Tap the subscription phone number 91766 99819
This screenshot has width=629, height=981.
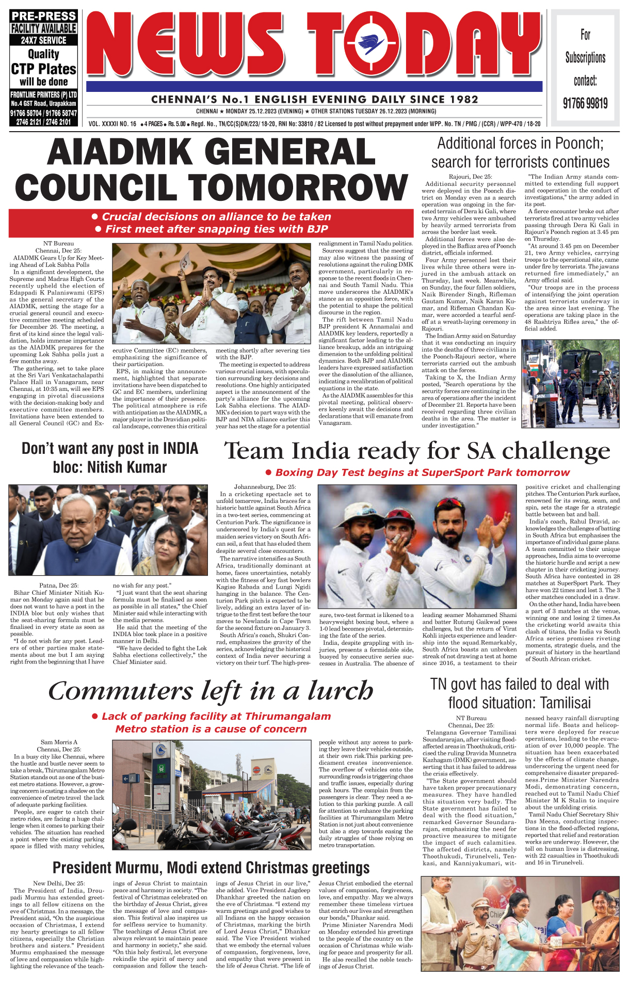[585, 103]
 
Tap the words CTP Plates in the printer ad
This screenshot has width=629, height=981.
[44, 69]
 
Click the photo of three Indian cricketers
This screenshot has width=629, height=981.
[417, 546]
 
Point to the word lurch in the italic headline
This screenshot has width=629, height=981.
[341, 691]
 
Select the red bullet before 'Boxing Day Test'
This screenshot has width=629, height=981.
[268, 472]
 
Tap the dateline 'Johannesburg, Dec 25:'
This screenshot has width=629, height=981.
[265, 487]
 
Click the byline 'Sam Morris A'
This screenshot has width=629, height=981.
[59, 742]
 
